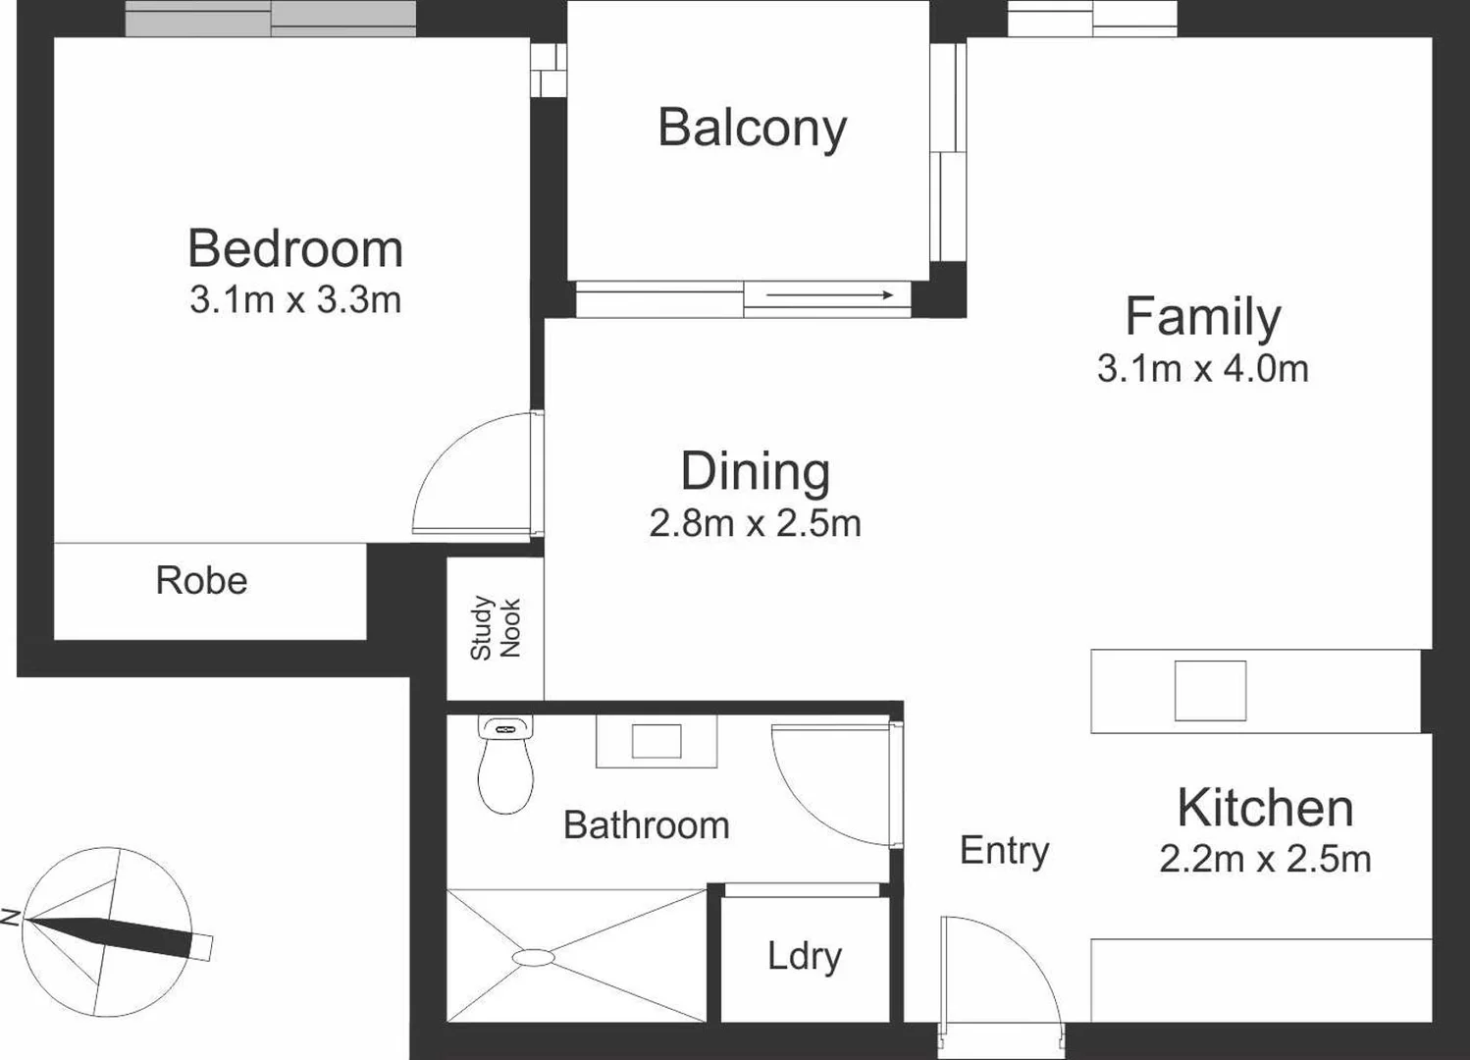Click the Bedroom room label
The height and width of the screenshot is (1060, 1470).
295,248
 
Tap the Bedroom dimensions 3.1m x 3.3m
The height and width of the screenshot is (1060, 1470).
295,299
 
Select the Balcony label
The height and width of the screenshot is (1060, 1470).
752,128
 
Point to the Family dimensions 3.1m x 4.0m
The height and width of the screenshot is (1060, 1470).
1202,369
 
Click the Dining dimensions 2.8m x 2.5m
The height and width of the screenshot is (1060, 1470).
755,523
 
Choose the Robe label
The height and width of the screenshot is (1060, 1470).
201,581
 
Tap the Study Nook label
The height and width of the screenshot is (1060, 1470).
496,628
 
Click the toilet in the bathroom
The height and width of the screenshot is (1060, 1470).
505,770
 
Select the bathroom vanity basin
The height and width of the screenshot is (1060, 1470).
656,741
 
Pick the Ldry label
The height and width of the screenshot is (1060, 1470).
805,956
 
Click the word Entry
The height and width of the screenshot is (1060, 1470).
1004,850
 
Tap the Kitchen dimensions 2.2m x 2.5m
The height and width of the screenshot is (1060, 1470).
1265,859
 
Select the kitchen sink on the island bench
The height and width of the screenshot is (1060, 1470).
1210,691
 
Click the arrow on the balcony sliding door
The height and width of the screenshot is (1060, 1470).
829,294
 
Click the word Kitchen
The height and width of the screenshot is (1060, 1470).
1265,808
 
